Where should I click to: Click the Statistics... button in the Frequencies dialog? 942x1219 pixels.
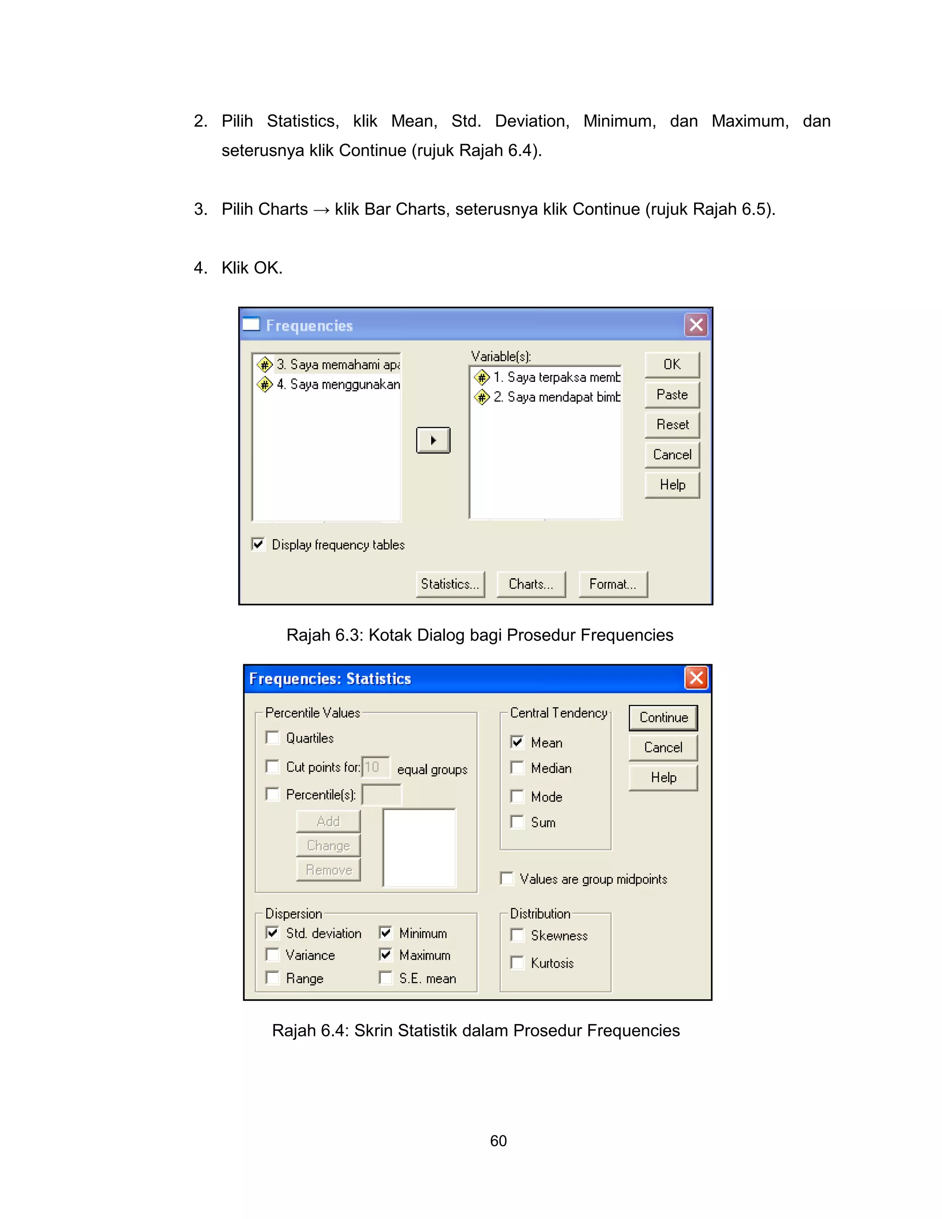[450, 584]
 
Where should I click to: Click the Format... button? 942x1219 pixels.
[613, 584]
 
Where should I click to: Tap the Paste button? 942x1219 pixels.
[672, 395]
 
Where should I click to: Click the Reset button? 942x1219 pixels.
[672, 425]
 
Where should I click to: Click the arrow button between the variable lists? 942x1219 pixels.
[433, 440]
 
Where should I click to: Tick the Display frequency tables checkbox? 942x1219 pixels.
[258, 544]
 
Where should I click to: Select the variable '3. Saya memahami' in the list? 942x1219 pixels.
[338, 364]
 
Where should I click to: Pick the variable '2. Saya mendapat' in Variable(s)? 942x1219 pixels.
[556, 397]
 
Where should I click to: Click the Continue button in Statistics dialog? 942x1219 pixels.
[663, 718]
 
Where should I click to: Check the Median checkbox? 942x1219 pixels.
[517, 768]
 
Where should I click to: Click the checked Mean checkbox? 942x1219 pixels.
[517, 742]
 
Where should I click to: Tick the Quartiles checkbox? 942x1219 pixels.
[272, 738]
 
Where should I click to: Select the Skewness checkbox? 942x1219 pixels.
[517, 936]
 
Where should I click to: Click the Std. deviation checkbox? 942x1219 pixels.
[272, 933]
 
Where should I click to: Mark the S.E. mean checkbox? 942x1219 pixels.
[385, 978]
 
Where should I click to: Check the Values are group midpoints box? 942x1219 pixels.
[507, 879]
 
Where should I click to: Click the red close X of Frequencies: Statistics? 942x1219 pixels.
[696, 678]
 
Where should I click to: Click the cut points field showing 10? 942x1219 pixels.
[376, 767]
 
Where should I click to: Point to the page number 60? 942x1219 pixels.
[498, 1141]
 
